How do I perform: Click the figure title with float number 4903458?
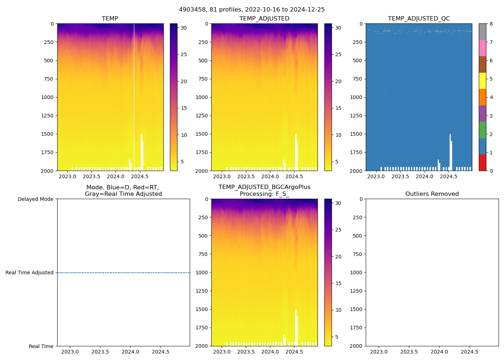252,9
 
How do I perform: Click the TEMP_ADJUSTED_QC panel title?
419,18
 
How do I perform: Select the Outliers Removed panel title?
432,194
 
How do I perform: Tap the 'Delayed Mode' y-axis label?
35,199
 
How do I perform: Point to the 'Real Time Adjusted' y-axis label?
30,273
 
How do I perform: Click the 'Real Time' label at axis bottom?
41,346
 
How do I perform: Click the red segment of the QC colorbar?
482,162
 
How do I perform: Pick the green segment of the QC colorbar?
482,130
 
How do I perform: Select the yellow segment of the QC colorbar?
482,81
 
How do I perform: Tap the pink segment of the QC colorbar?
482,48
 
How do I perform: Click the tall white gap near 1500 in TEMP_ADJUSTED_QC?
450,151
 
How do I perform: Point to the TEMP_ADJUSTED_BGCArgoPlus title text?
264,187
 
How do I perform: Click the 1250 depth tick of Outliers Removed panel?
356,291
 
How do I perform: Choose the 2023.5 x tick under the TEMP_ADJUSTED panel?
246,176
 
